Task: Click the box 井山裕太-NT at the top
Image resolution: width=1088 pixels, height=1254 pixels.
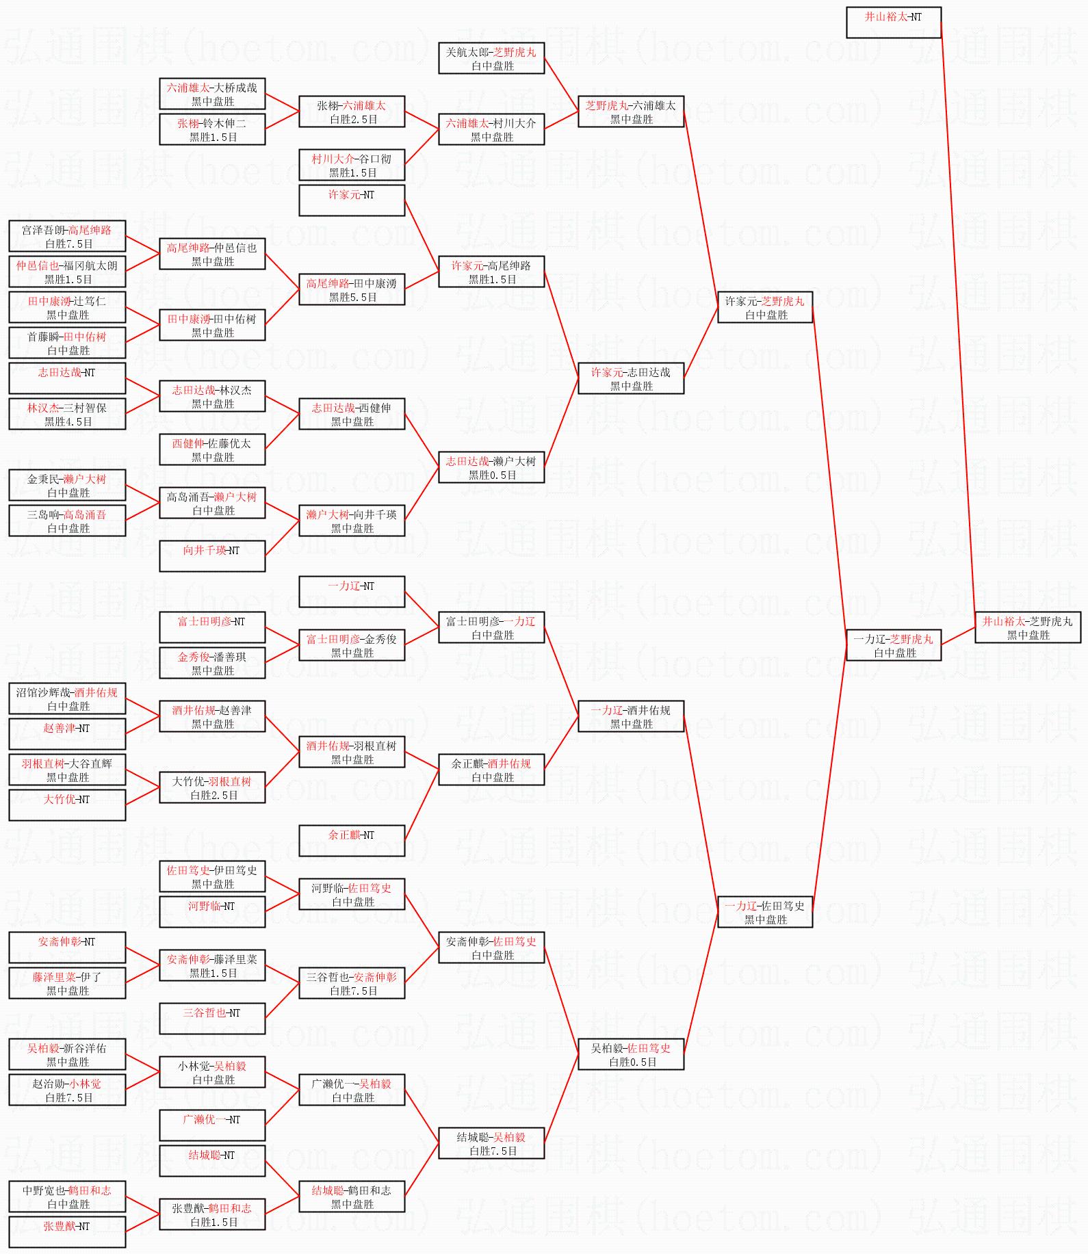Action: pyautogui.click(x=893, y=23)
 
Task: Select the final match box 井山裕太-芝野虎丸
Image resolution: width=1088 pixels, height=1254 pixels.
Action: pyautogui.click(x=1027, y=627)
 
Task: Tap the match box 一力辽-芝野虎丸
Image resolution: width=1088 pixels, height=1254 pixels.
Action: pyautogui.click(x=893, y=645)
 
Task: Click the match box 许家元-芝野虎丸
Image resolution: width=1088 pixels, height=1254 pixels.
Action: pyautogui.click(x=764, y=307)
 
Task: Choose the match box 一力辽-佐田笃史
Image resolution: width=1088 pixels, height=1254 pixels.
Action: pyautogui.click(x=764, y=912)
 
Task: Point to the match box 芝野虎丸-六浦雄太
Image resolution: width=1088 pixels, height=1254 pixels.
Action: pyautogui.click(x=630, y=112)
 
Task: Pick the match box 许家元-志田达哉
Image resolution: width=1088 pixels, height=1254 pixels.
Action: pyautogui.click(x=630, y=378)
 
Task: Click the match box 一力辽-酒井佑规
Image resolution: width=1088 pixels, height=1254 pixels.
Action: pyautogui.click(x=630, y=716)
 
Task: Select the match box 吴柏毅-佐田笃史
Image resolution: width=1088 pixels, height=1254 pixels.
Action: pyautogui.click(x=630, y=1054)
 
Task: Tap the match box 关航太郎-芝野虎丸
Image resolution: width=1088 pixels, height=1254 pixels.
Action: pyautogui.click(x=491, y=58)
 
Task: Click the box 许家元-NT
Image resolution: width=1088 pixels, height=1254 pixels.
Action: pyautogui.click(x=351, y=200)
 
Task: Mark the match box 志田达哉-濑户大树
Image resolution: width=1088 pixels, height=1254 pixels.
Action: pyautogui.click(x=491, y=467)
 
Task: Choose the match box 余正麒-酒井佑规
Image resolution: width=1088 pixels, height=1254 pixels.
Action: pyautogui.click(x=491, y=770)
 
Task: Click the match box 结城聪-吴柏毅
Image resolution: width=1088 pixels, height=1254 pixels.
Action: pyautogui.click(x=491, y=1143)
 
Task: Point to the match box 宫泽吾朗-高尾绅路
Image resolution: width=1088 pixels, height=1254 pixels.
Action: pyautogui.click(x=67, y=236)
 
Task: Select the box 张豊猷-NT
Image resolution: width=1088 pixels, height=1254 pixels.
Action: pyautogui.click(x=67, y=1232)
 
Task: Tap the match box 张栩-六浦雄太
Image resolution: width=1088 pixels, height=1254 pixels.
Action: pyautogui.click(x=351, y=112)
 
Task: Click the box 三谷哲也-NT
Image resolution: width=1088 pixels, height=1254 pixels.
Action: pyautogui.click(x=211, y=1019)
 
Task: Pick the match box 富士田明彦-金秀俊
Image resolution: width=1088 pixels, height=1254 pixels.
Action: pyautogui.click(x=351, y=645)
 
